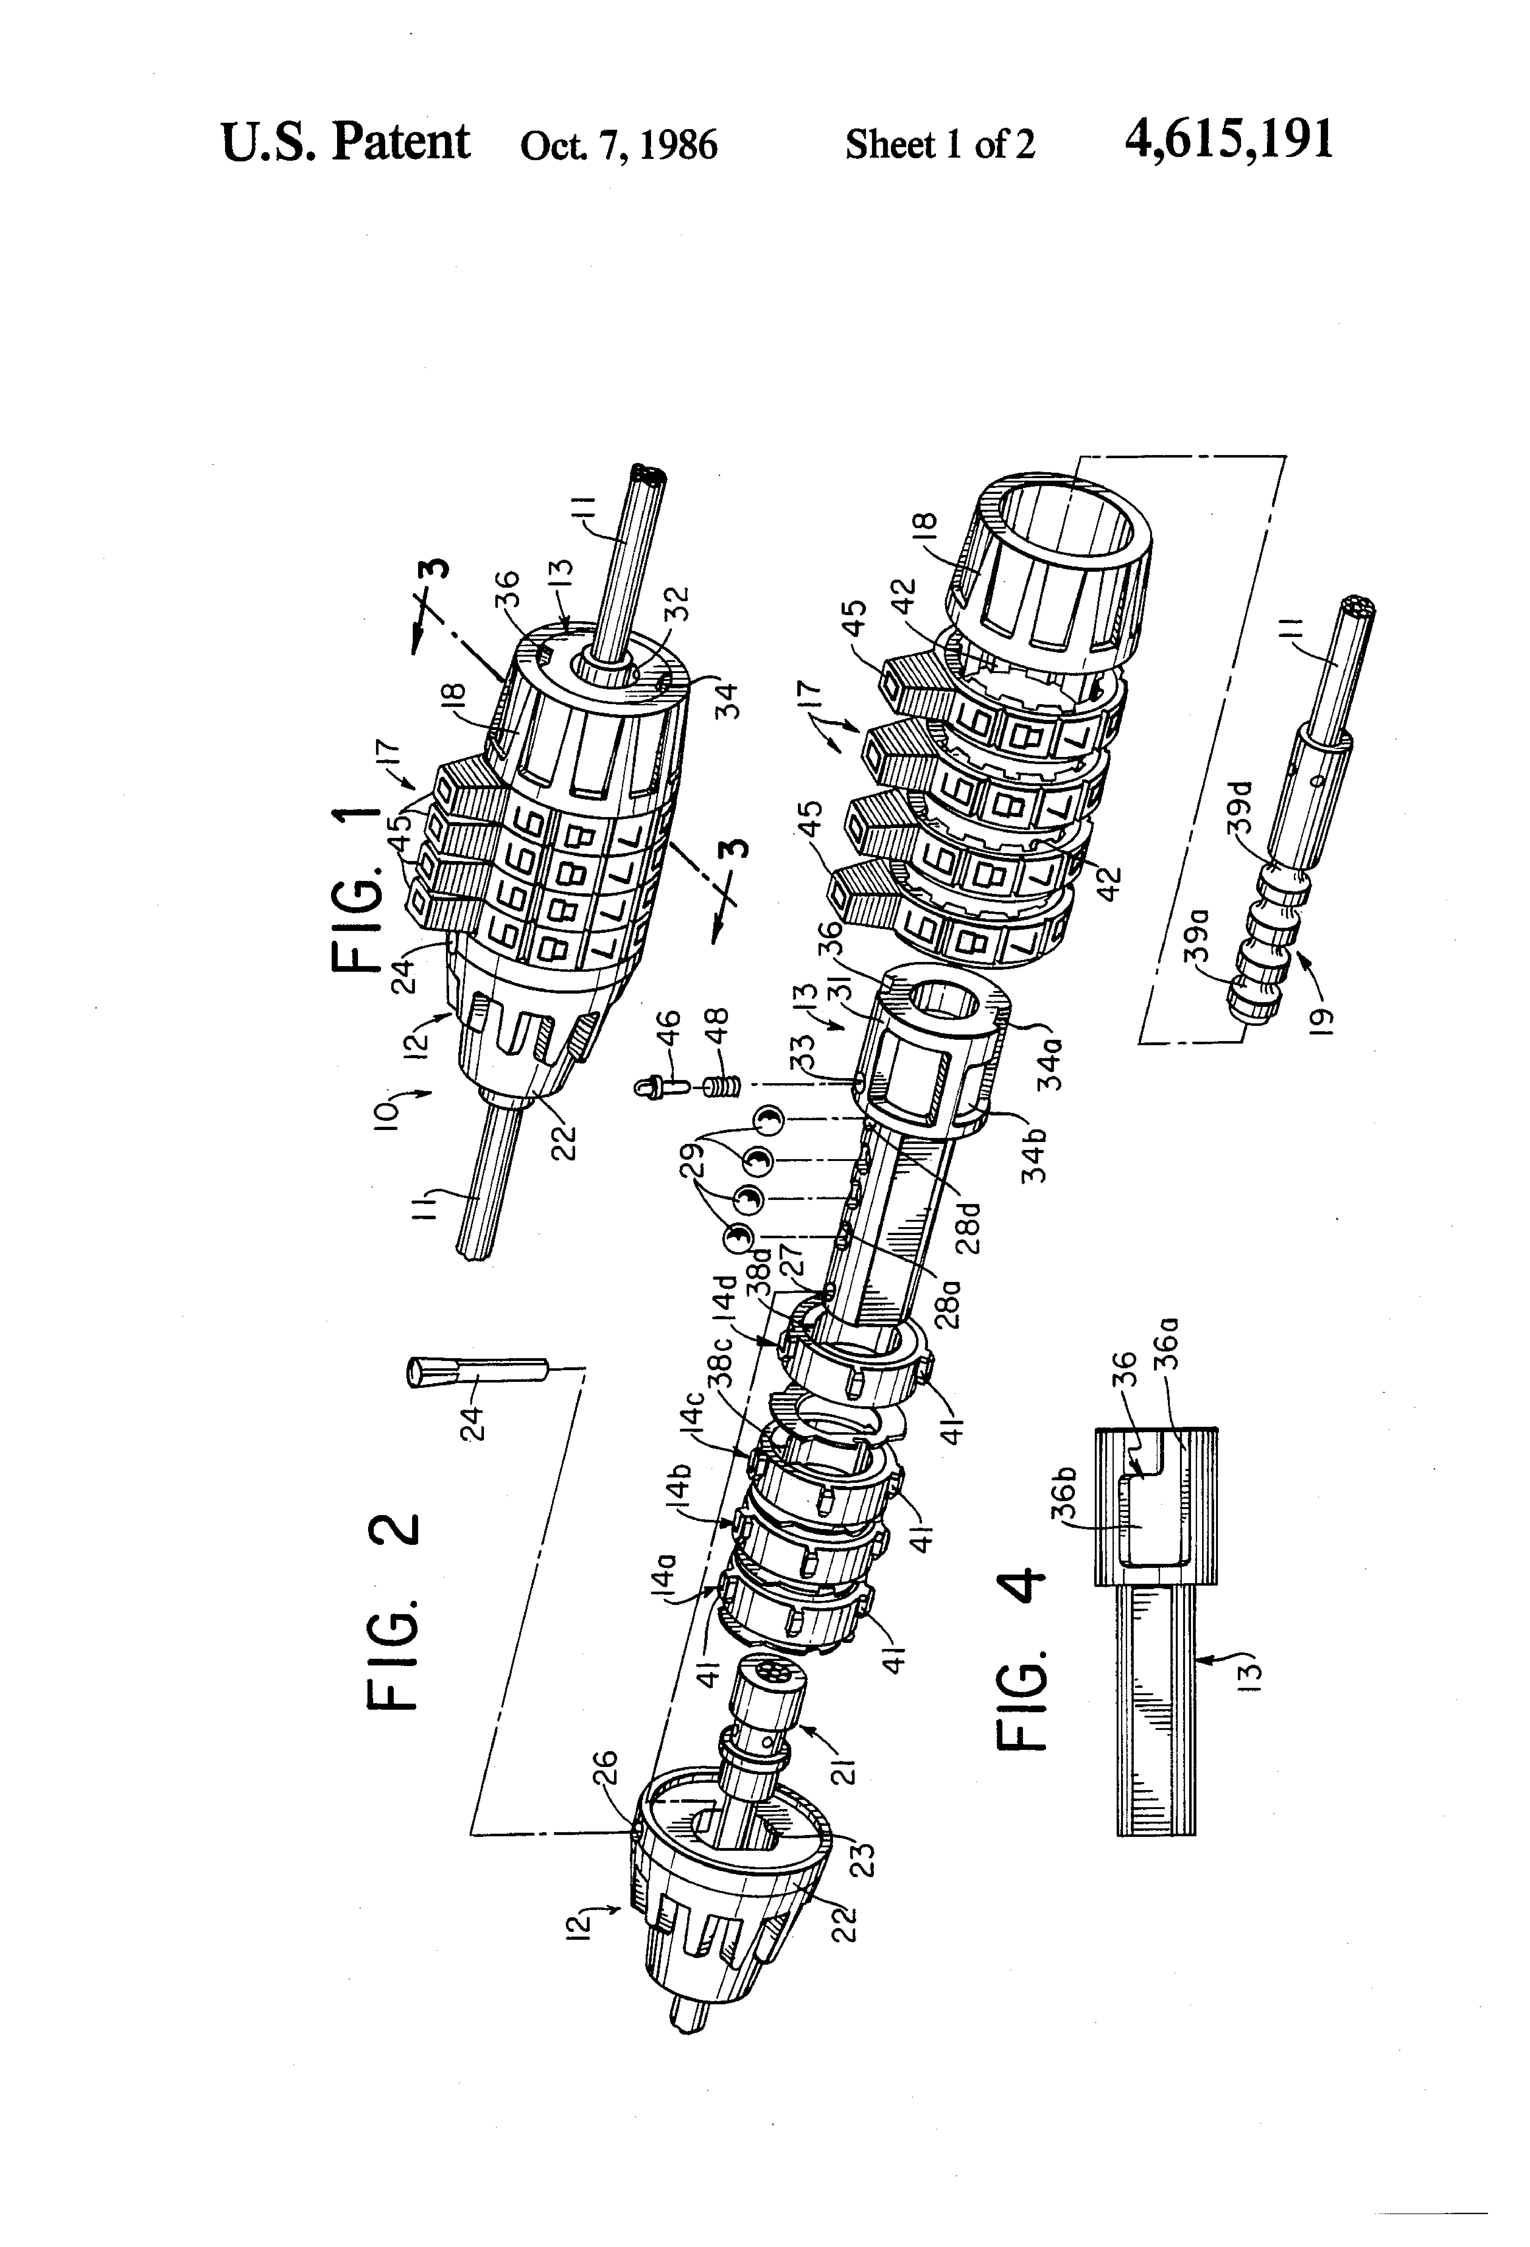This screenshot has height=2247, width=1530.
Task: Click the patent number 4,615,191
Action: (x=1228, y=140)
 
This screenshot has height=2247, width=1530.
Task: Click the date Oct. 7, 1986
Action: (x=619, y=145)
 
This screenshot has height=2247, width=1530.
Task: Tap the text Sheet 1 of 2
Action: (x=940, y=145)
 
